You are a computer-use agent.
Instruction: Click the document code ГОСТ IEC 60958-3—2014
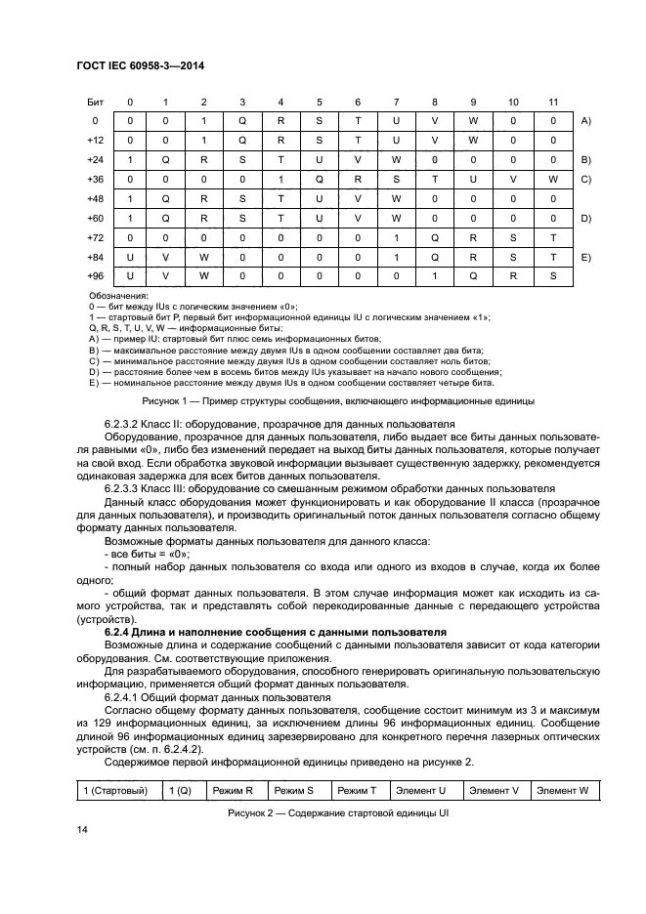coord(147,66)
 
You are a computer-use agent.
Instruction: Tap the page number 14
coord(81,830)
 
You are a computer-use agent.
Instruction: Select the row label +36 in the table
coord(95,179)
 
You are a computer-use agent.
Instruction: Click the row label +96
coord(95,276)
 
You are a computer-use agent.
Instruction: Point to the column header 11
coord(553,102)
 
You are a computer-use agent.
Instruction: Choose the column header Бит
coord(95,102)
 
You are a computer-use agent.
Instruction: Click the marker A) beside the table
coord(586,120)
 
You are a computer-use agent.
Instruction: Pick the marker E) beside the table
coord(586,257)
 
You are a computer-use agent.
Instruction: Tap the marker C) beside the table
coord(586,179)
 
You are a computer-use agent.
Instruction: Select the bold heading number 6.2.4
coord(118,633)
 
